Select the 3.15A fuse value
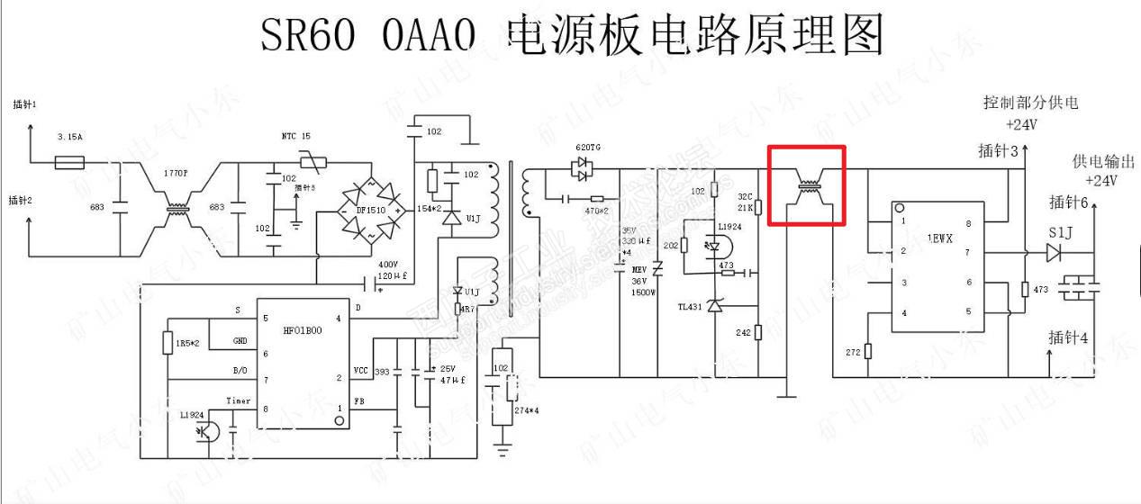70,137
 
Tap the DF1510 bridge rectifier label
369,209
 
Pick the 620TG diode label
588,148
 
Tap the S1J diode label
1061,234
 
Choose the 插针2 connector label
21,200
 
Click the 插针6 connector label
1070,202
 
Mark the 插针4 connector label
1069,338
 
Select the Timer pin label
238,400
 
